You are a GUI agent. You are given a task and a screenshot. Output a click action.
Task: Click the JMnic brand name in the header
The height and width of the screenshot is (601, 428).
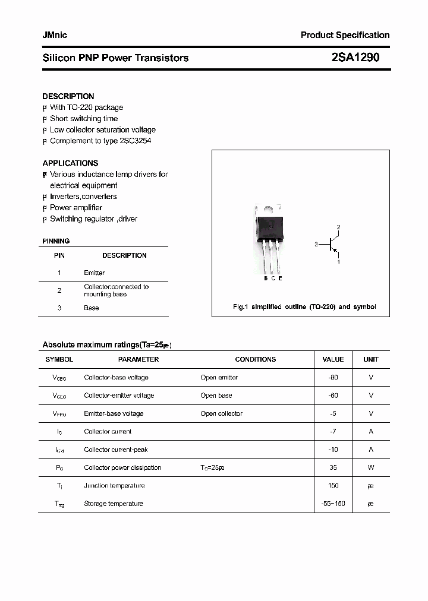point(55,35)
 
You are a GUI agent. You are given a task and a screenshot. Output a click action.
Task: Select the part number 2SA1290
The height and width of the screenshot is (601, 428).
point(355,58)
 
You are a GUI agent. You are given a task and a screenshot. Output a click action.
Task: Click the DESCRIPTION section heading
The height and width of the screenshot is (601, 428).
point(68,96)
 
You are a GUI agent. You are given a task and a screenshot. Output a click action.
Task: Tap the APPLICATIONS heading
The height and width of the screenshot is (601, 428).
point(70,163)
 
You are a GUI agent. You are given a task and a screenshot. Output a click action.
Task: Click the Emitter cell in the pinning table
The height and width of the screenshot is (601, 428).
point(94,273)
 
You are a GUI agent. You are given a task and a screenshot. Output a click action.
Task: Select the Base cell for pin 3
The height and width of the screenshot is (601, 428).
point(91,308)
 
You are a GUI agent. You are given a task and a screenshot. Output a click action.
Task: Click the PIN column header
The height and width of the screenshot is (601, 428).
point(59,255)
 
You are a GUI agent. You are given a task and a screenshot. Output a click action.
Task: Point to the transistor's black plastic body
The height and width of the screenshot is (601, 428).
point(270,227)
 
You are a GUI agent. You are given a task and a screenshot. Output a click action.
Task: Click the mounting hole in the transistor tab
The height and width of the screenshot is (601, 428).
point(269,208)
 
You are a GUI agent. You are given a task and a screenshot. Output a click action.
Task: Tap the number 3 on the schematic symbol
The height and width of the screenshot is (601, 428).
point(317,244)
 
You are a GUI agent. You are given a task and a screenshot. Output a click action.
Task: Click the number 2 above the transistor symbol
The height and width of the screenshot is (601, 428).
point(338,227)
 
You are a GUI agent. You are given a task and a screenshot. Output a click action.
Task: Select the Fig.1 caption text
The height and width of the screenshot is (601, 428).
point(304,306)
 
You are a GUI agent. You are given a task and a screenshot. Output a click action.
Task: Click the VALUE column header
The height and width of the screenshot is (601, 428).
point(333,359)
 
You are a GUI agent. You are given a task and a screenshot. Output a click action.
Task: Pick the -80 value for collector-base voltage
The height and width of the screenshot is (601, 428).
point(333,378)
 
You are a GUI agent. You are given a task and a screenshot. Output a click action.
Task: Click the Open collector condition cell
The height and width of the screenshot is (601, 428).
point(221,413)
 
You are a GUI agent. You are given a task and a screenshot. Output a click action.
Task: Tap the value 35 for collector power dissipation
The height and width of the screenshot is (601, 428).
point(333,467)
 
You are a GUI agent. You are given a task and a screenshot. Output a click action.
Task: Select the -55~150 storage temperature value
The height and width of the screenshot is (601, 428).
point(333,504)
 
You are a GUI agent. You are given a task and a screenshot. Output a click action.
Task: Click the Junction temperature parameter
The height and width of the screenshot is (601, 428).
point(114,486)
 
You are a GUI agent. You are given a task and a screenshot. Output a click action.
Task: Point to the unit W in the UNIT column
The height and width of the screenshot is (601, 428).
point(370,467)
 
